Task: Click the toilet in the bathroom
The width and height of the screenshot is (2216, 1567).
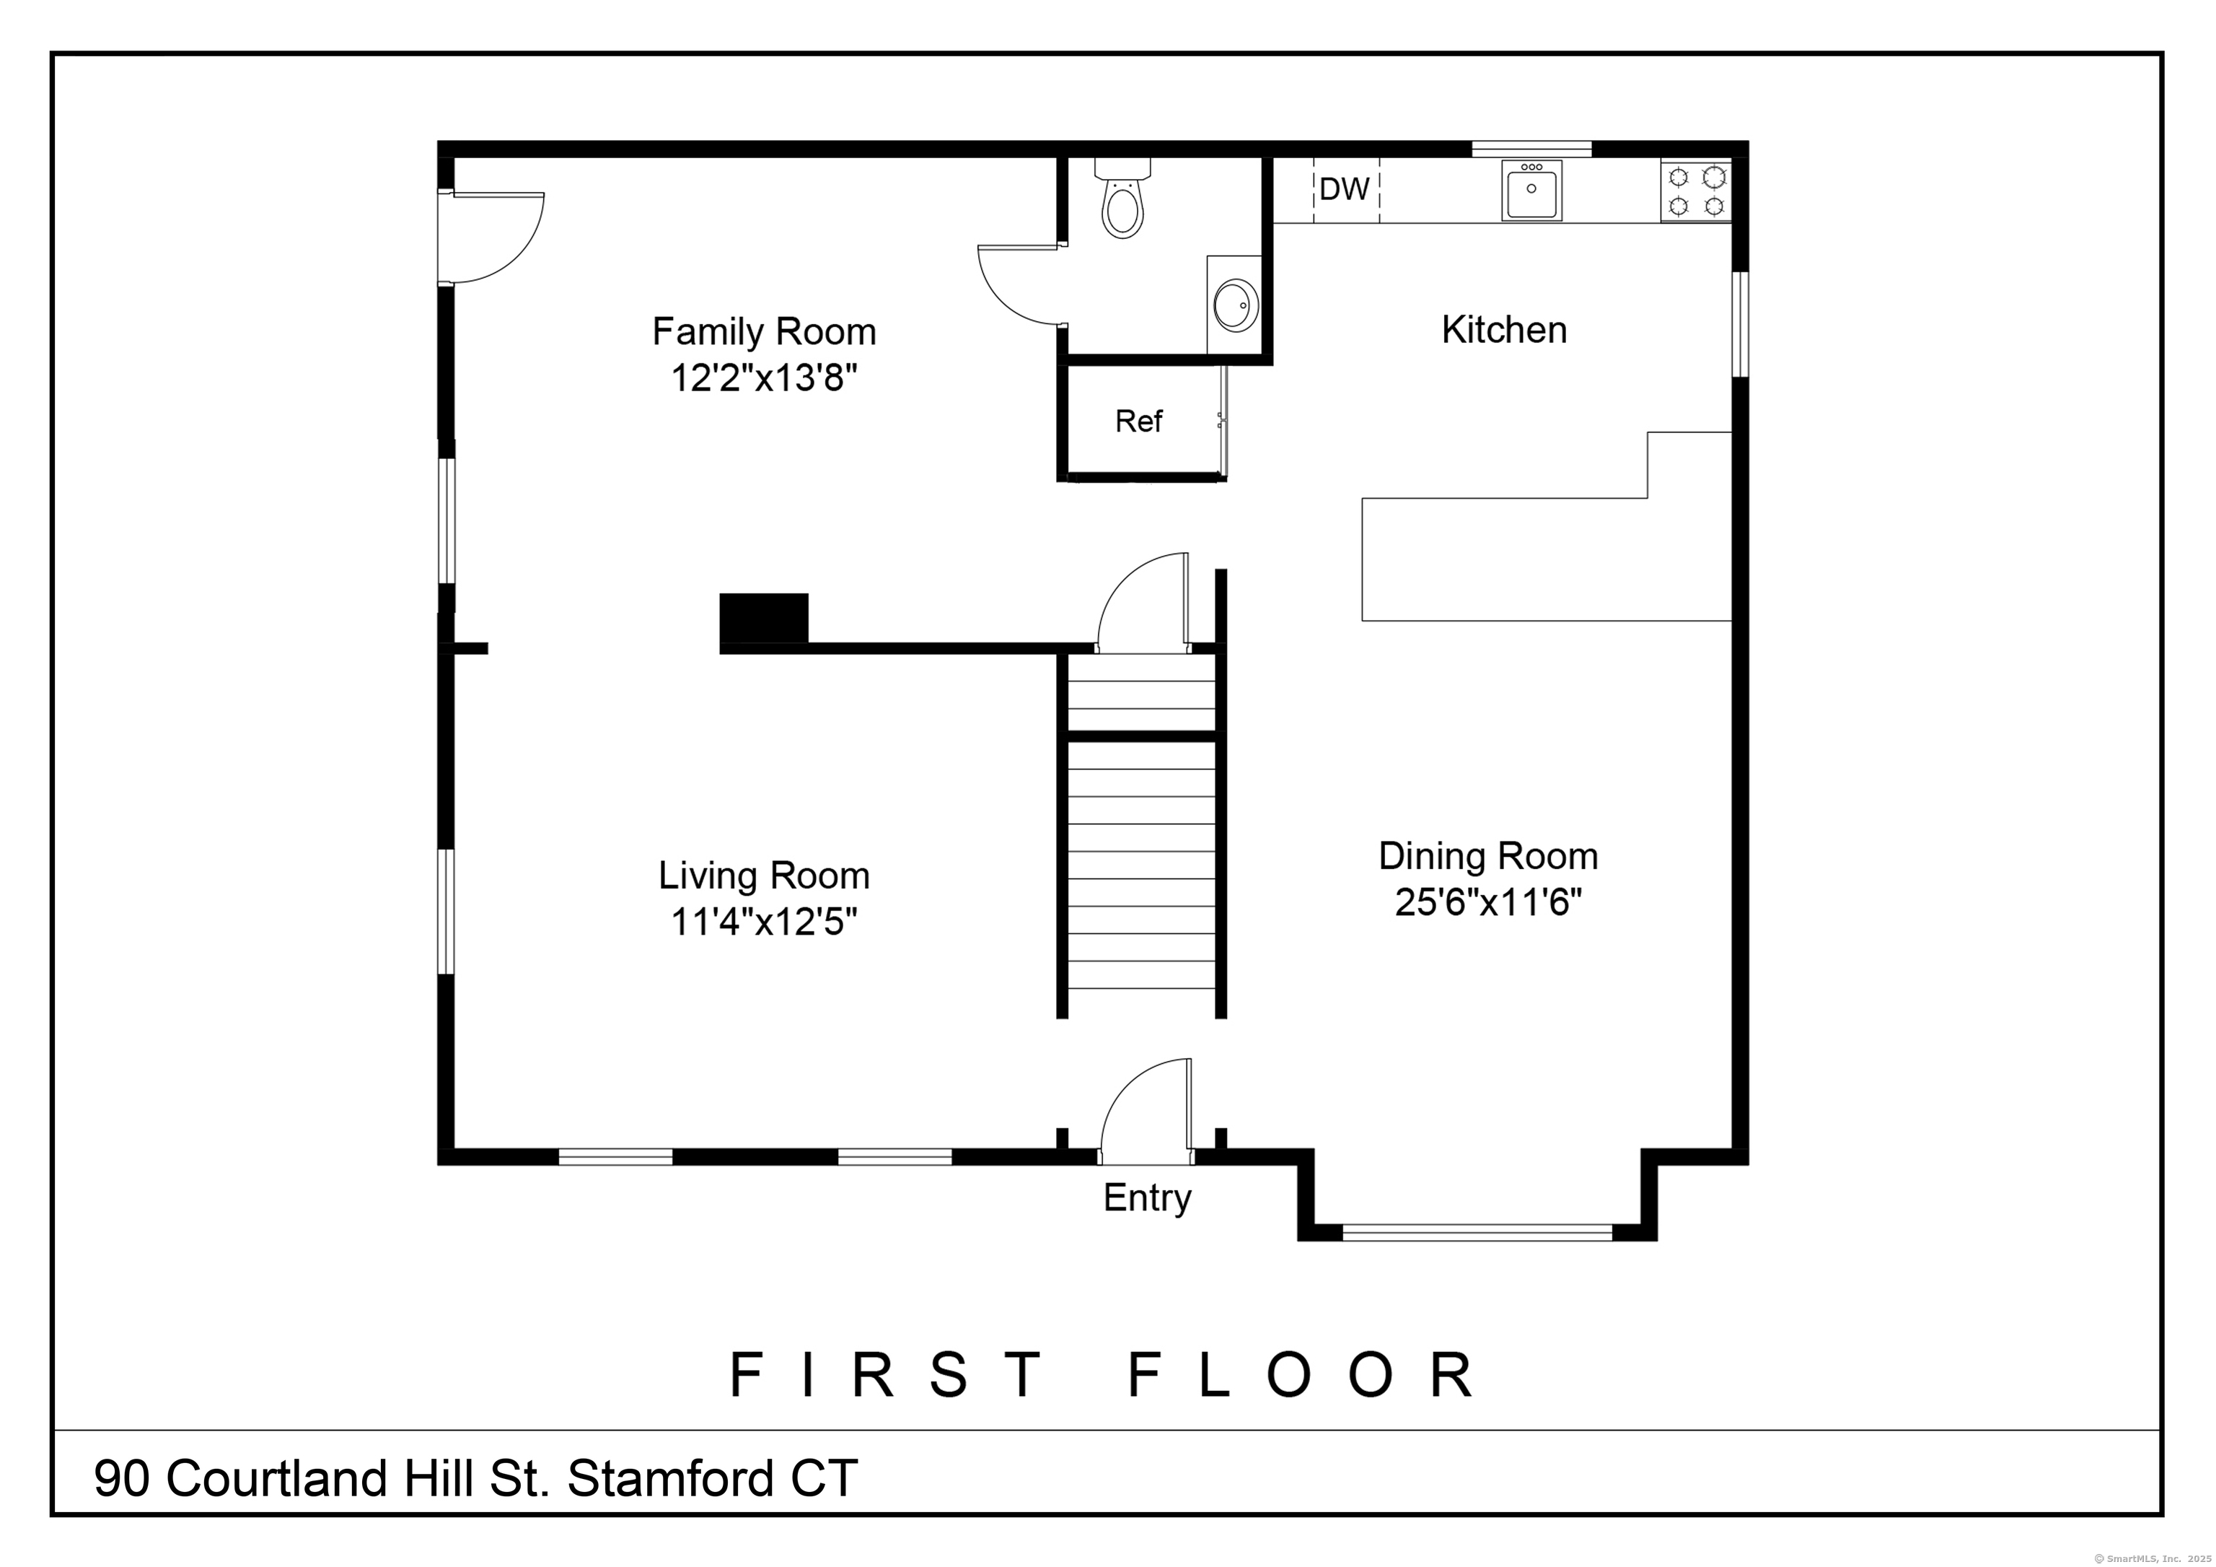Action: pyautogui.click(x=1122, y=200)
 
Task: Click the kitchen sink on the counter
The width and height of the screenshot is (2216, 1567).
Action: pyautogui.click(x=1531, y=191)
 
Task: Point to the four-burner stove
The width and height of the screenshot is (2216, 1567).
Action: pyautogui.click(x=1696, y=191)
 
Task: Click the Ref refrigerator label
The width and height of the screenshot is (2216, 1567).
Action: pyautogui.click(x=1139, y=421)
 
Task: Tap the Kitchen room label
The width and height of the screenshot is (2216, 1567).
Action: pyautogui.click(x=1504, y=330)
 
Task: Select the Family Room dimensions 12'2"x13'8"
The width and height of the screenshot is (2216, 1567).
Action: pyautogui.click(x=765, y=378)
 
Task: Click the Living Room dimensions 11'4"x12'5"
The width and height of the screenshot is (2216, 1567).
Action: pyautogui.click(x=765, y=922)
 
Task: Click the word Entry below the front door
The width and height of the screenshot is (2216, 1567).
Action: pyautogui.click(x=1148, y=1198)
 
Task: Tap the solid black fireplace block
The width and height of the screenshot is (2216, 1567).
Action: pyautogui.click(x=763, y=618)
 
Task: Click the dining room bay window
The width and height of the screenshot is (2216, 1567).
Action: pyautogui.click(x=1477, y=1232)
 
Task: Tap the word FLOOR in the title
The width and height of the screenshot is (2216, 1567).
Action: pyautogui.click(x=1302, y=1375)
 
